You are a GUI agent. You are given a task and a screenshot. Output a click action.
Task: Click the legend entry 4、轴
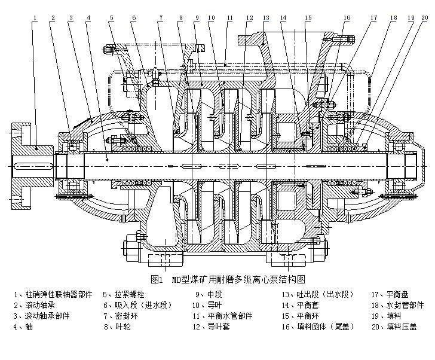pyautogui.click(x=23, y=327)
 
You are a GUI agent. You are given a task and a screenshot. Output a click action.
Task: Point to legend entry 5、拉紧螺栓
pyautogui.click(x=124, y=294)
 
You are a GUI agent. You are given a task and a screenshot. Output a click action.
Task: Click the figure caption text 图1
pyautogui.click(x=158, y=279)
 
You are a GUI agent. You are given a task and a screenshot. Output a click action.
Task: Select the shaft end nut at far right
pyautogui.click(x=412, y=164)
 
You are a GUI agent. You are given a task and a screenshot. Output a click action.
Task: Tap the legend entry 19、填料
pyautogui.click(x=385, y=316)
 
